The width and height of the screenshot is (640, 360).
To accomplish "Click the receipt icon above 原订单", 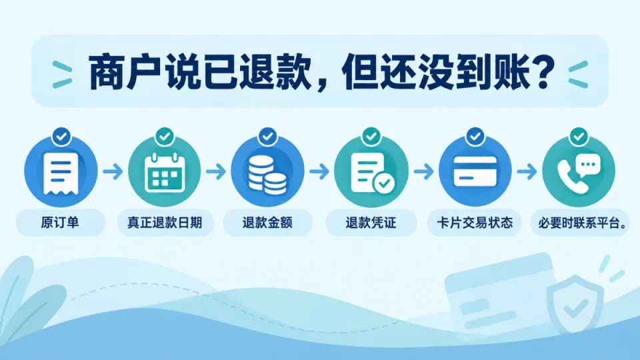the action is pos(61,173).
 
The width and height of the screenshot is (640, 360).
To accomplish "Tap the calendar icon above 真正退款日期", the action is pos(165,172).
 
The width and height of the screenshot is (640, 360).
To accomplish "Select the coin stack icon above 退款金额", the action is pos(267,175).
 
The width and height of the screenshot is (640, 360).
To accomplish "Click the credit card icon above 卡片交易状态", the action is pos(475,171).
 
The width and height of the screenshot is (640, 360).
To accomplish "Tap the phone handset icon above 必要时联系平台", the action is pos(572,176).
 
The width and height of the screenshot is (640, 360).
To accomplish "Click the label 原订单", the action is pos(59,223).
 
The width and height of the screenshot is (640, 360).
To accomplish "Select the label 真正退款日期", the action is pos(165,223).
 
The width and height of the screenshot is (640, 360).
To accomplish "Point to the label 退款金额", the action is pos(267,223).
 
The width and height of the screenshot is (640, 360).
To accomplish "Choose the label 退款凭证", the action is pos(371,223).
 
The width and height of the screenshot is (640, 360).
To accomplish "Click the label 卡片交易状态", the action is pos(475,223).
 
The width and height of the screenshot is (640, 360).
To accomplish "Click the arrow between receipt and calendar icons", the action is pos(113,171).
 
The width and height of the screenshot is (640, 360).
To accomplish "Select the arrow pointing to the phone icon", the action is pos(527,171).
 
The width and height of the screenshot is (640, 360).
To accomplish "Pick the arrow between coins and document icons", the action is pos(319,171).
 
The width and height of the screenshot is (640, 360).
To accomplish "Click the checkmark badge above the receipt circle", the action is pos(61,136).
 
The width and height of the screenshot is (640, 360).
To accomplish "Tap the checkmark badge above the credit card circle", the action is pos(475,136).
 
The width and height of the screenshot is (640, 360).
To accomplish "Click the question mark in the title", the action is pos(543,72).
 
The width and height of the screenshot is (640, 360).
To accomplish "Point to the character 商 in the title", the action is pos(105,72).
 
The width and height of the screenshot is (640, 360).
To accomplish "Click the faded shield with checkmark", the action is pos(575,304).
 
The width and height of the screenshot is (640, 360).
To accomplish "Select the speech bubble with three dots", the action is pos(588,165).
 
